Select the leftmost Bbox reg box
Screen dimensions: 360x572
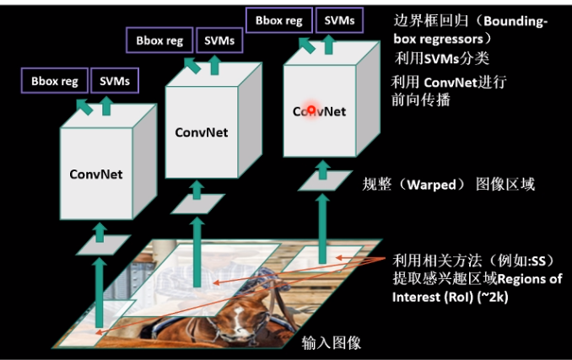(x=55, y=81)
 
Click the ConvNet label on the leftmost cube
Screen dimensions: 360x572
(x=96, y=175)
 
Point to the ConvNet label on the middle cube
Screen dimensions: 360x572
(x=202, y=132)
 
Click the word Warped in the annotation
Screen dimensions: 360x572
(x=430, y=184)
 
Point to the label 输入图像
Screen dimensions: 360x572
(x=332, y=342)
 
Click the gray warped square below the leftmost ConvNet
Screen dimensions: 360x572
(x=100, y=245)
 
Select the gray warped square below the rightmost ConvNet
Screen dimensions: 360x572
(x=321, y=179)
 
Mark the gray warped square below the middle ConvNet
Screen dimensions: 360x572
(x=199, y=203)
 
